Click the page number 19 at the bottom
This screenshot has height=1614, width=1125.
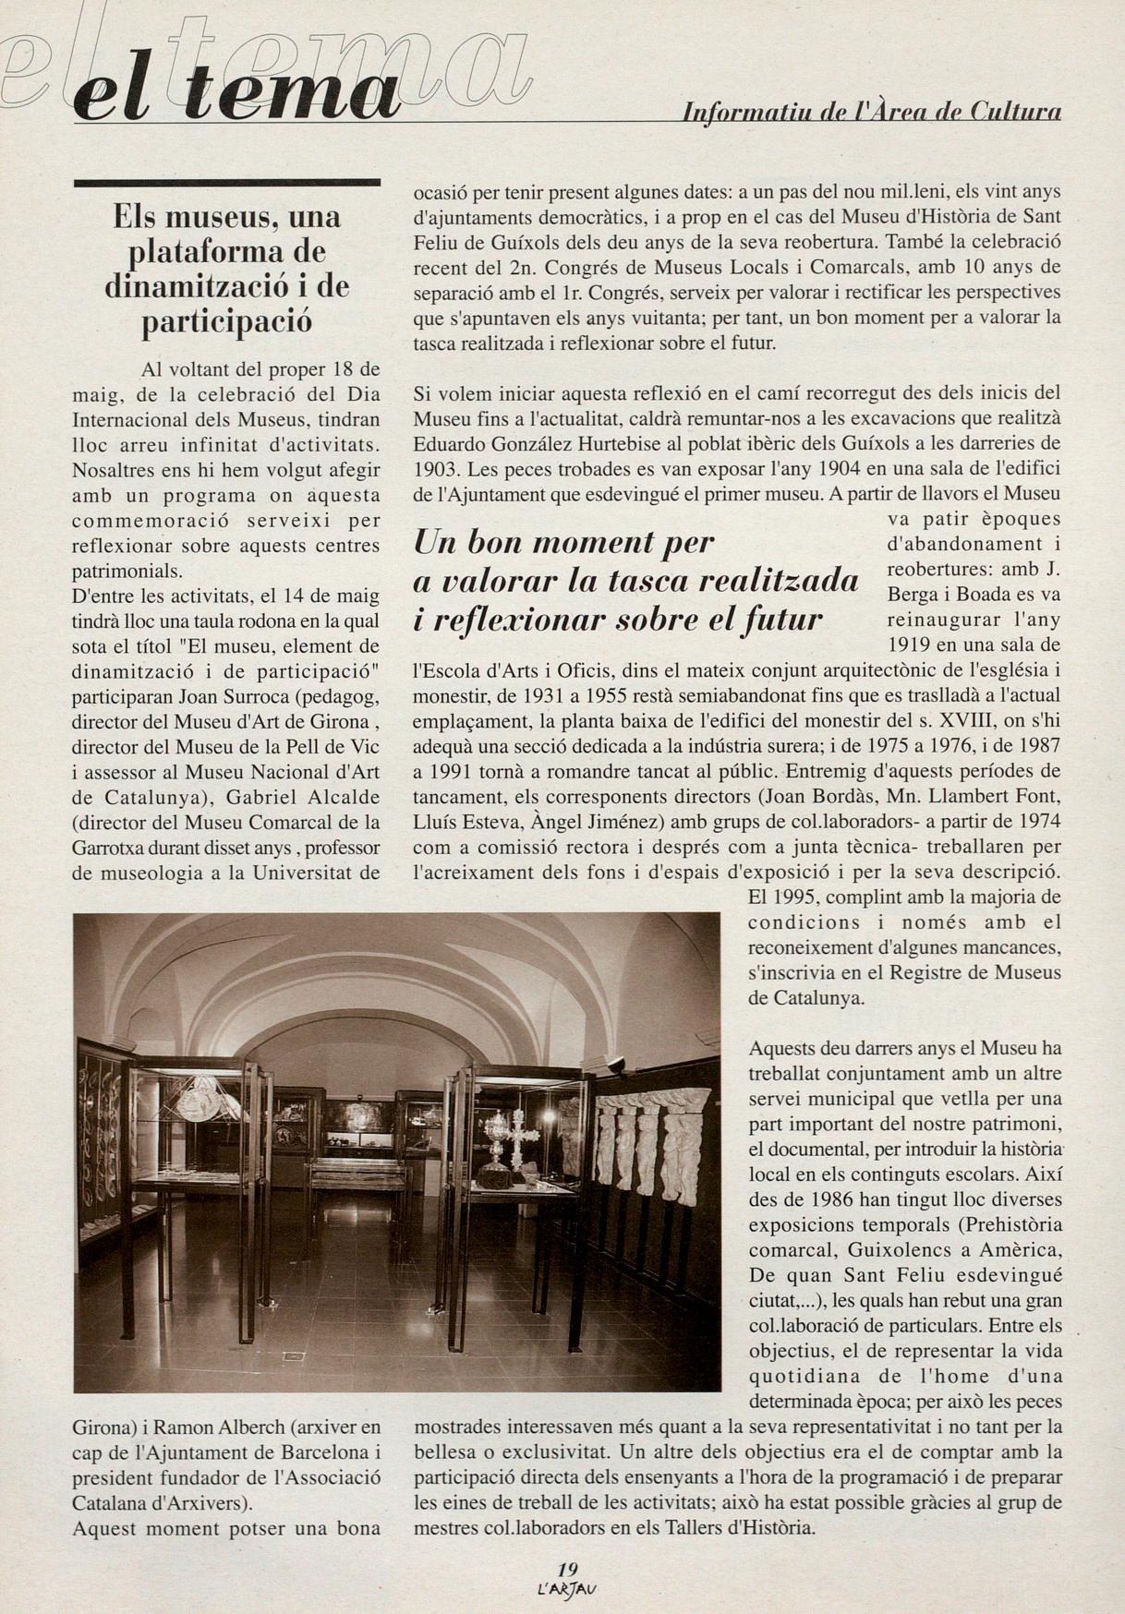coord(567,1569)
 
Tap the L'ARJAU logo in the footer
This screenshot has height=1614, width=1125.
coord(567,1589)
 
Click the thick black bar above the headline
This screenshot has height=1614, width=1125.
coord(226,183)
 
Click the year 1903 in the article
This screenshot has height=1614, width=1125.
coord(435,468)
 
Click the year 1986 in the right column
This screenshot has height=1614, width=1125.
coord(831,1199)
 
